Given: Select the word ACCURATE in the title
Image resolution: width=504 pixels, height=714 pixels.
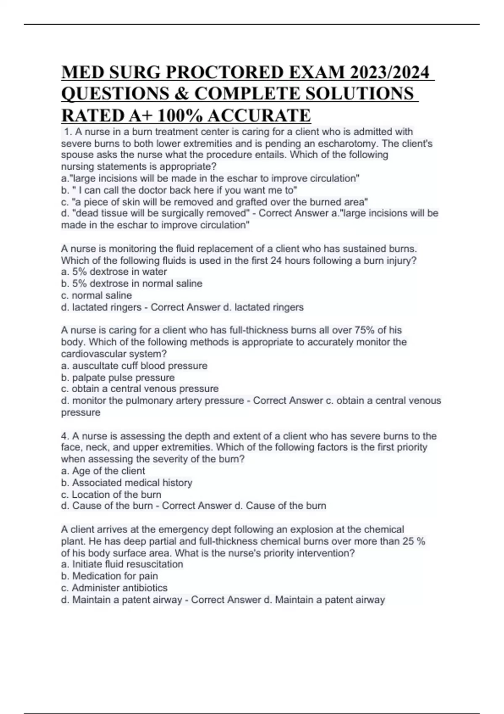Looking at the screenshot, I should pos(259,115).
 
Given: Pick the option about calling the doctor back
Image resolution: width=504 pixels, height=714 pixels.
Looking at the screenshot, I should pos(179,190).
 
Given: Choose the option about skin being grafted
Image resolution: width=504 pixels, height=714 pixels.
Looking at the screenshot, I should pos(215,202).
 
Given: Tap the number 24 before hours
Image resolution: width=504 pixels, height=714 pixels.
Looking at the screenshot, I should pos(276,260).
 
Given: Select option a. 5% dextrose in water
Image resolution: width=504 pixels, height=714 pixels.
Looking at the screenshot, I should pos(114,272).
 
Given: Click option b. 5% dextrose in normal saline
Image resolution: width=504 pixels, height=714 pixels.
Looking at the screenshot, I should pos(131,283).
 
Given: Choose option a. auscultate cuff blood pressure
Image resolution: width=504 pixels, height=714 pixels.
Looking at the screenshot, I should pos(134,366).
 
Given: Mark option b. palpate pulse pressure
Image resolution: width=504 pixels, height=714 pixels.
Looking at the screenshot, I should pos(118,378).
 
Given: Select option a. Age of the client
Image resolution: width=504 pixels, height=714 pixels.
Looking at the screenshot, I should pos(103,471).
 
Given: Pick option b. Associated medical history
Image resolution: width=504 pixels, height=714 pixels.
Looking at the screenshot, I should pos(126,483).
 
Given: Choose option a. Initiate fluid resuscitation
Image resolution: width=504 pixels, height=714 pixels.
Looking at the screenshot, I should pos(122,564).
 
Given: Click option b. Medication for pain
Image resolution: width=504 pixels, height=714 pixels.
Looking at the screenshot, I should pos(109,576).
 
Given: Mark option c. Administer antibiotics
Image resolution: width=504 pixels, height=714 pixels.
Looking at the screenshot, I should pos(114,588).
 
